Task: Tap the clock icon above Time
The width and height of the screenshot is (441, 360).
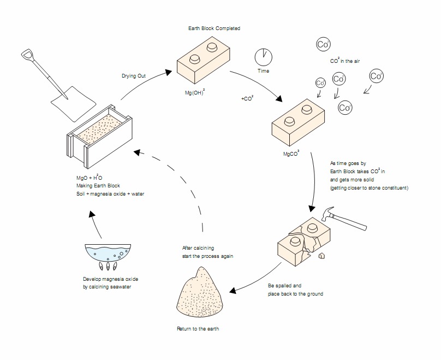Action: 264,56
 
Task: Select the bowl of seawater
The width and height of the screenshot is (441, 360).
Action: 106,252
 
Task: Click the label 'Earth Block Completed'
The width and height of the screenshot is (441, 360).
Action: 213,28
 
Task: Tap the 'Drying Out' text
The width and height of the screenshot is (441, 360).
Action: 134,75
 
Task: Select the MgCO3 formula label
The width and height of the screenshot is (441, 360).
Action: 291,154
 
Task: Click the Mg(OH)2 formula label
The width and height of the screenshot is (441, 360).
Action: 195,92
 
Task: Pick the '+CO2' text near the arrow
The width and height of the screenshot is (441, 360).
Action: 247,99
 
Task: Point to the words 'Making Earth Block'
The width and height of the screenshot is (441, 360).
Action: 98,186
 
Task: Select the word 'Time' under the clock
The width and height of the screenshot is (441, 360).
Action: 264,72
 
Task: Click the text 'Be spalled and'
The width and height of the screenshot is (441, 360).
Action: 284,286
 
